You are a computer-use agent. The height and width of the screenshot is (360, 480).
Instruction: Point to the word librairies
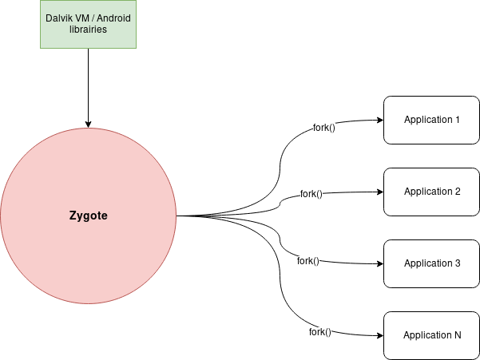point(87,30)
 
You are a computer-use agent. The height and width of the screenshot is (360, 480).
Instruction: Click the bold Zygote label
point(87,216)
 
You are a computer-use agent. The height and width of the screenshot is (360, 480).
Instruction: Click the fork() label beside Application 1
point(324,128)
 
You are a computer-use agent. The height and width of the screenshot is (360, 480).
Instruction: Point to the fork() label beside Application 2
point(311,194)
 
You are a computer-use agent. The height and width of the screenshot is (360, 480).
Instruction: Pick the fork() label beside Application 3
point(308,261)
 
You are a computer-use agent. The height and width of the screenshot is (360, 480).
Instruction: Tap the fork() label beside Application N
point(320,332)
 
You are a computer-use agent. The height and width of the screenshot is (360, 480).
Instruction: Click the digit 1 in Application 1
point(458,120)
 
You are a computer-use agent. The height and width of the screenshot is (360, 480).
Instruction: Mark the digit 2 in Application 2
point(458,192)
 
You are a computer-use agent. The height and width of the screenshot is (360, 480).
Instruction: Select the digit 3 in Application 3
point(458,263)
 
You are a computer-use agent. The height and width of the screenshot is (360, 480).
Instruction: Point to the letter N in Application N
point(457,335)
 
